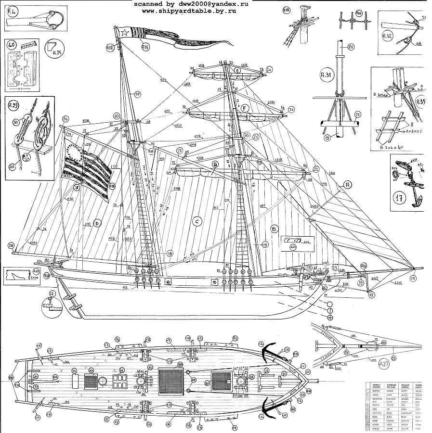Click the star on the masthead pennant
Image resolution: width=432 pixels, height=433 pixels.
click(x=123, y=33)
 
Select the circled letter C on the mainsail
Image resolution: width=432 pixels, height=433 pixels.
click(x=196, y=221)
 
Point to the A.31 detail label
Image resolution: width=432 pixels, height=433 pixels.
click(x=327, y=75)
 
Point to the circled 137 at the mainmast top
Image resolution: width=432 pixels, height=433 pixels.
click(x=110, y=47)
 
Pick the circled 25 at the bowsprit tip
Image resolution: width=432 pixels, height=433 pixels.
click(x=413, y=277)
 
